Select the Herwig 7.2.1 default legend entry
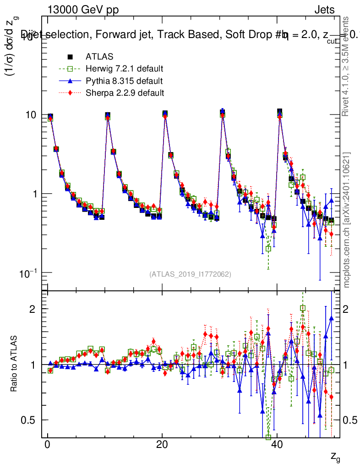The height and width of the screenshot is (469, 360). point(124,69)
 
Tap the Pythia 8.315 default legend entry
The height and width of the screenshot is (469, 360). point(124,82)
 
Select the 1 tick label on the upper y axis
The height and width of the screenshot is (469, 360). point(36,194)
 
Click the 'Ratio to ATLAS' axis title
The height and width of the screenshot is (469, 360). point(15,364)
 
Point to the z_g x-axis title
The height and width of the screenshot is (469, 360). point(335,456)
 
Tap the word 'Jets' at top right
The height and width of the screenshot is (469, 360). point(324,10)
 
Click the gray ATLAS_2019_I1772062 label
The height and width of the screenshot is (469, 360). point(190,274)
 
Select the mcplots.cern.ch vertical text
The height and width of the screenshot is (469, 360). point(347,220)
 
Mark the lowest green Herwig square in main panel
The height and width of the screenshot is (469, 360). point(268,249)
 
